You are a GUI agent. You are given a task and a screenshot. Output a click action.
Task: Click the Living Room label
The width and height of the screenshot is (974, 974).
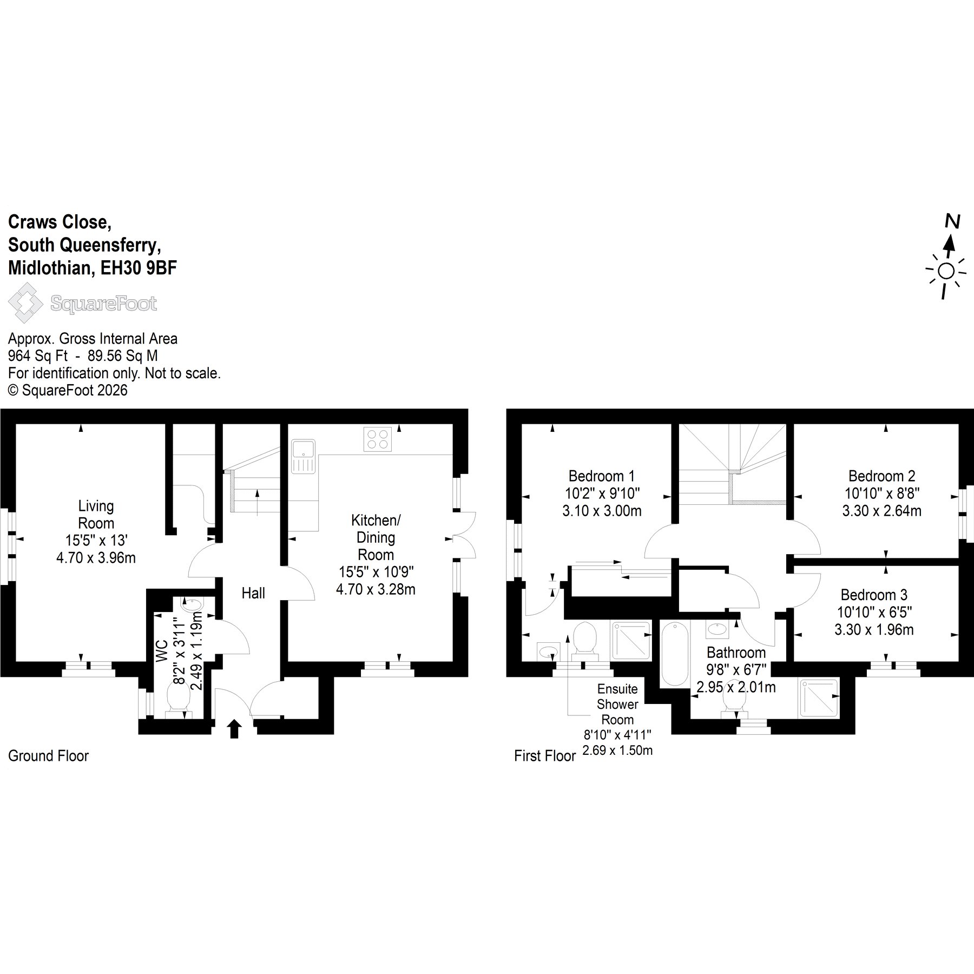pyautogui.click(x=96, y=515)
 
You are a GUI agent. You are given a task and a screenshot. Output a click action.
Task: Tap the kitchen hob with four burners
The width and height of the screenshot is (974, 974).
pyautogui.click(x=378, y=439)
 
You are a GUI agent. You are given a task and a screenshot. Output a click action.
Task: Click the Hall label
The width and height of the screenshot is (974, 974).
pyautogui.click(x=253, y=593)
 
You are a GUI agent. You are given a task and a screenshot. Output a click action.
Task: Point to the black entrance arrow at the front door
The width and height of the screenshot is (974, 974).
pyautogui.click(x=234, y=728)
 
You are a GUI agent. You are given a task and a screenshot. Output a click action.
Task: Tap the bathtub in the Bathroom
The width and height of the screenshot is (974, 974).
pyautogui.click(x=675, y=654)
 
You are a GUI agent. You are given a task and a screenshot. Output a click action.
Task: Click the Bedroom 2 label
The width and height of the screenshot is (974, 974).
pyautogui.click(x=881, y=476)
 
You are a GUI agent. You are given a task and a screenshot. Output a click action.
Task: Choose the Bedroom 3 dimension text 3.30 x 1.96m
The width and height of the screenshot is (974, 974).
pyautogui.click(x=874, y=629)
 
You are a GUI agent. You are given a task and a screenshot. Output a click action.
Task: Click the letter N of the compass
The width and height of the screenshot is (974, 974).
pyautogui.click(x=952, y=221)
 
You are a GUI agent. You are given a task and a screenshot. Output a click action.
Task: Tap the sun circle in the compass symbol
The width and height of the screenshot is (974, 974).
pyautogui.click(x=946, y=271)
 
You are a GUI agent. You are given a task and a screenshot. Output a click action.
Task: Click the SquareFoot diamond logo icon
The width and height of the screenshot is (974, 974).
pyautogui.click(x=25, y=304)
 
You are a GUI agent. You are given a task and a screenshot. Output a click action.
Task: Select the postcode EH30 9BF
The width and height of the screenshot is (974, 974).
pyautogui.click(x=139, y=268)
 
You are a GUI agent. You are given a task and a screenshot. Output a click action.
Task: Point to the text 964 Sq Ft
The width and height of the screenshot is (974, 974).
pyautogui.click(x=38, y=356)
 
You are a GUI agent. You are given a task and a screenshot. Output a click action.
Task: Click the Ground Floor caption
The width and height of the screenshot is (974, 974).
pyautogui.click(x=48, y=756)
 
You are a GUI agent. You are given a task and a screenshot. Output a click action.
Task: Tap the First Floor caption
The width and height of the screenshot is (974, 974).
pyautogui.click(x=545, y=756)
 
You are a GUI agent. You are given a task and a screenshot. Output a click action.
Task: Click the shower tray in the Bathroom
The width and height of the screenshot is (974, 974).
pyautogui.click(x=818, y=698)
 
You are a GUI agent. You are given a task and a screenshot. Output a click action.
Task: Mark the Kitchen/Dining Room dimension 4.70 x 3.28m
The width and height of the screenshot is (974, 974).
pyautogui.click(x=376, y=589)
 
